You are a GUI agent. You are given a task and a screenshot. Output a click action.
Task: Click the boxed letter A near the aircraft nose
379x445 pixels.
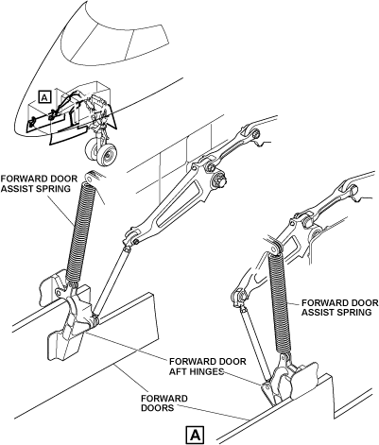[44, 97]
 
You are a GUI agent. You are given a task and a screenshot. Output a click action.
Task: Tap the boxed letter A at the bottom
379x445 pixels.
[196, 436]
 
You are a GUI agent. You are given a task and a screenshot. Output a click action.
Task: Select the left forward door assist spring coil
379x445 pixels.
[78, 232]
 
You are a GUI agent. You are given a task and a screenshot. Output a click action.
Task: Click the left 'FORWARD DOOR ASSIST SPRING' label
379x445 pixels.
[39, 183]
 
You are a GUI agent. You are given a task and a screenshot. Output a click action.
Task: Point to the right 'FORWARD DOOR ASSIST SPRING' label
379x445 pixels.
[340, 307]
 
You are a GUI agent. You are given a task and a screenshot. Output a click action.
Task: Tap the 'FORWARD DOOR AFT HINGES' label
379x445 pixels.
[208, 366]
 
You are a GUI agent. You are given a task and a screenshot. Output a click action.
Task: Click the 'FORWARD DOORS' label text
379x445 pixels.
[164, 403]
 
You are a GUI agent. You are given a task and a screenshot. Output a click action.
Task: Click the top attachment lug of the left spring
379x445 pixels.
[94, 177]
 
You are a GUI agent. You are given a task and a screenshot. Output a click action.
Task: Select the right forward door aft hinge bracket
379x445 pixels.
[284, 380]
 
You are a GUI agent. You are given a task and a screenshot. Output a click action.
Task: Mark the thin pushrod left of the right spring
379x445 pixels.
[253, 343]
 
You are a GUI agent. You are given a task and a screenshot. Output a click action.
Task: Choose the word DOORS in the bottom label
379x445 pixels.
[158, 408]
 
